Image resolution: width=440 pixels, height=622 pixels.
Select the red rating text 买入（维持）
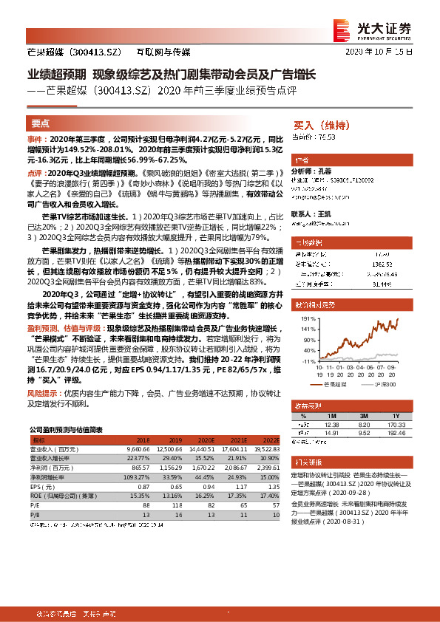[x=321, y=125]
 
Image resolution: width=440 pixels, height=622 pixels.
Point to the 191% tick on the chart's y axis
[x=307, y=318]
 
